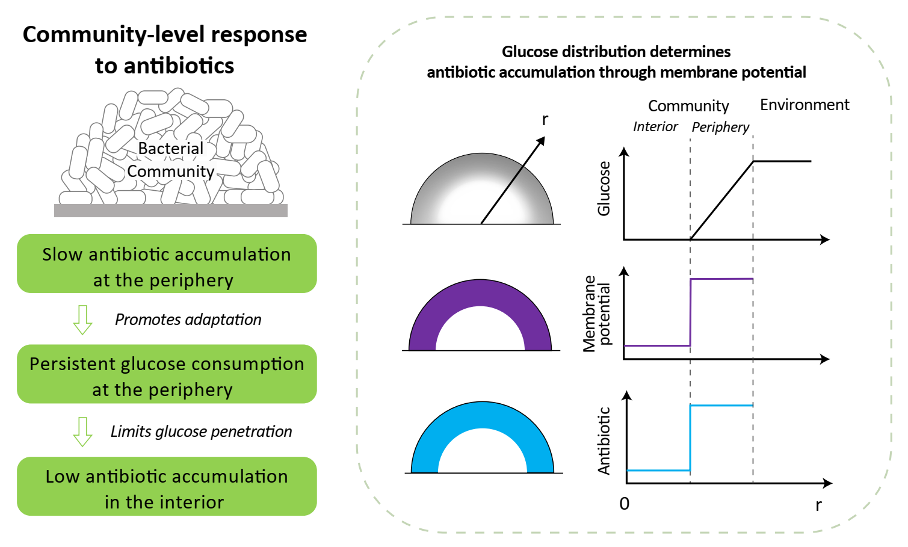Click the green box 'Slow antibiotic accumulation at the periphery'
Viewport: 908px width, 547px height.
pos(167,264)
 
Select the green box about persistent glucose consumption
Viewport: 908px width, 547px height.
pos(167,374)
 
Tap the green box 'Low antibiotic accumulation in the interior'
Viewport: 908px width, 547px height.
pos(167,486)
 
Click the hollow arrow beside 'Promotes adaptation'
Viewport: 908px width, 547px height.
pos(82,320)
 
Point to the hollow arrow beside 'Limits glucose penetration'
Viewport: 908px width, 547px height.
pos(82,431)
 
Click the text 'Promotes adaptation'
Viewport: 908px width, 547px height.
pos(188,320)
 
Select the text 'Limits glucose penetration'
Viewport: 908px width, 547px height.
pos(201,431)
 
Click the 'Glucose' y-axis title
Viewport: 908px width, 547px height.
pos(604,188)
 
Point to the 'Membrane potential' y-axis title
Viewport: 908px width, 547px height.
pos(597,314)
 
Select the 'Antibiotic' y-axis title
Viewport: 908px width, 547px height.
pos(604,441)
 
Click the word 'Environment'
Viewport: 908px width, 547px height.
pos(805,105)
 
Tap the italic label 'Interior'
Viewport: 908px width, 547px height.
pos(655,127)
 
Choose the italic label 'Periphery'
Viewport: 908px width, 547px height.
pos(720,127)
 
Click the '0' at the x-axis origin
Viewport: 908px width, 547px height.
pos(625,504)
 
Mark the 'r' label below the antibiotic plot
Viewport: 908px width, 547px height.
pos(818,505)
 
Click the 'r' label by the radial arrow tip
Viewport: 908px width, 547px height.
pos(545,119)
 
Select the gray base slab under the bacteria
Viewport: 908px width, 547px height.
pos(171,211)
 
